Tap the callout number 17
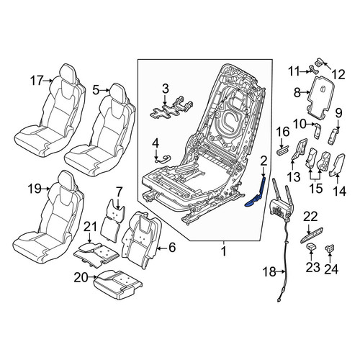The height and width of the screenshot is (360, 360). pos(37,81)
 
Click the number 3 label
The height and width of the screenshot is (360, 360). pos(166,89)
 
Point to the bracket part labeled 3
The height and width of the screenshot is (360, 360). pos(171,108)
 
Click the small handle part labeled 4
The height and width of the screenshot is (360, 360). pos(163,158)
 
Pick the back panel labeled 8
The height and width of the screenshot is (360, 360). pos(321,97)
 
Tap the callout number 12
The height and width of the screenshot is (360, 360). pos(338,75)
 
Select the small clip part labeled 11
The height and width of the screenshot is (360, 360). pos(314,69)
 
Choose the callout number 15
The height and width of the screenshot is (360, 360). pos(316,189)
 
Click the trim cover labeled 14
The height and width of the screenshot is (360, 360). pos(338,166)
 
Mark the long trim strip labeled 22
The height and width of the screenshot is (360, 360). pos(311,235)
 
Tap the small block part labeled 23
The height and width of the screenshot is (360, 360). pos(311,246)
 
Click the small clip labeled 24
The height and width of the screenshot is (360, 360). pos(330,248)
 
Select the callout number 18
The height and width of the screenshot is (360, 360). pos(269,272)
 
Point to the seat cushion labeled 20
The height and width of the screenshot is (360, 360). pos(117,285)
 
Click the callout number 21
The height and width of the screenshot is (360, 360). pos(90,228)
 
